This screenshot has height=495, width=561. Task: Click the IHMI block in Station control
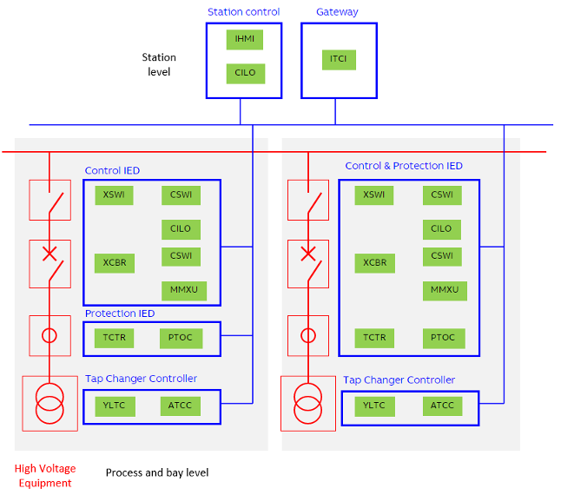coord(245,39)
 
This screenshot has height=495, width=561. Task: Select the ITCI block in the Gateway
coord(338,59)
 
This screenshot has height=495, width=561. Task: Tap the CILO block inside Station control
coord(245,73)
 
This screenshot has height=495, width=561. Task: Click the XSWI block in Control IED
coord(114,195)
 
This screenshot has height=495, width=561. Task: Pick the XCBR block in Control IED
coord(115,262)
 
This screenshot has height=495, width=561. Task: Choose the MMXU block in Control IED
coord(184,290)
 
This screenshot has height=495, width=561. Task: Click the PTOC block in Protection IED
coord(181,338)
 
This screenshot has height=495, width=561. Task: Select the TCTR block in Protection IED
coord(115,338)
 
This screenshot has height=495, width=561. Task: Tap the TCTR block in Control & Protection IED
coord(374,338)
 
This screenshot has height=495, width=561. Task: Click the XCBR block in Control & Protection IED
coord(374,262)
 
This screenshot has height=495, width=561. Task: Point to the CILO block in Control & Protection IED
coord(441,228)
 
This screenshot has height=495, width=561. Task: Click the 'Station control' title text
coord(243,12)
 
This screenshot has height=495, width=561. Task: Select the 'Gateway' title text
coord(337,12)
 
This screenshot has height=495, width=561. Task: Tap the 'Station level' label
coord(159,64)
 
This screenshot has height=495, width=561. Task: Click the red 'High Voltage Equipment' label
coord(43,476)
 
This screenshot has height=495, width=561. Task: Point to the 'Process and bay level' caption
coord(157,473)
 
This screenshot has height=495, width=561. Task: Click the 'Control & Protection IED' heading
coord(404,166)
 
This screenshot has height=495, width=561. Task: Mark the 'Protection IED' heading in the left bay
coord(120,313)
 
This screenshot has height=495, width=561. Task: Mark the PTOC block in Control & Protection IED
coord(442,338)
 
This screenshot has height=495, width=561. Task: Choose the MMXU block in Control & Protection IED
coord(445,290)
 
